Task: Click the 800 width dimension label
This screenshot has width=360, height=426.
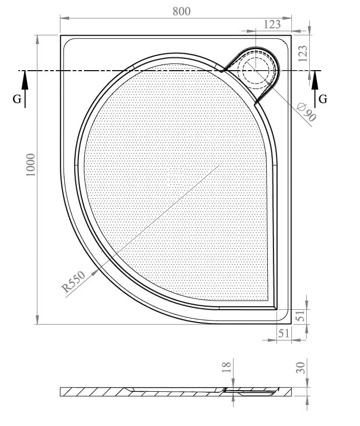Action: [181, 11]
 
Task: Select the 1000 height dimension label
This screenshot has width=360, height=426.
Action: [31, 165]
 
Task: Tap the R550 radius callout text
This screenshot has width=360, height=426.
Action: [73, 282]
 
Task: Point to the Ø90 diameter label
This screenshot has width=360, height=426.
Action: [307, 112]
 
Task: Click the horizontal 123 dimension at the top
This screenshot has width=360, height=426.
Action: [272, 25]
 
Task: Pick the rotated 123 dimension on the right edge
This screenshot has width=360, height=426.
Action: [303, 53]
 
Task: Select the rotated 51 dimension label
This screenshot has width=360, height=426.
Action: [302, 316]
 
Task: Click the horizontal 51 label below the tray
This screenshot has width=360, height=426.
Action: [283, 333]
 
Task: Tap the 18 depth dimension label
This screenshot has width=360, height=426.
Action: [226, 367]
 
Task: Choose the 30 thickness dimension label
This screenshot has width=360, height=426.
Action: [301, 368]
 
